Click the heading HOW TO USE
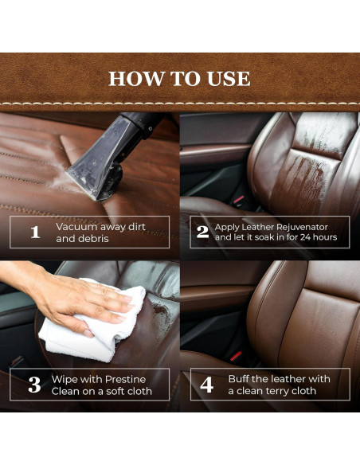point(179,78)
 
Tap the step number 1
point(34,232)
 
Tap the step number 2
point(203,232)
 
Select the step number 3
point(34,385)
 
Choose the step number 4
point(206,385)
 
